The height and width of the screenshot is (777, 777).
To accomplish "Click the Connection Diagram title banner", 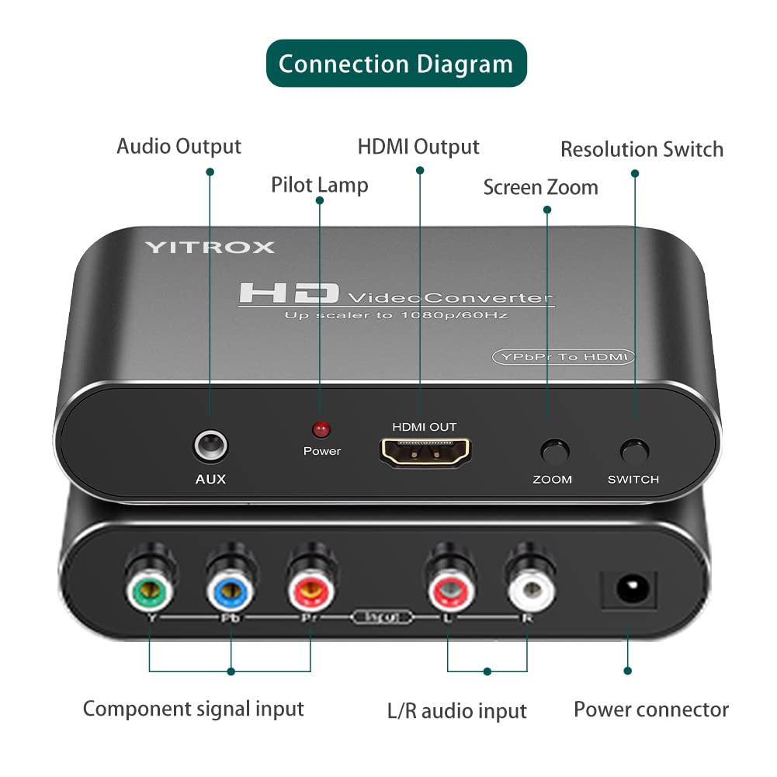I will coord(396,63).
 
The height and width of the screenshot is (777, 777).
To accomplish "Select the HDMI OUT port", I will coord(424,452).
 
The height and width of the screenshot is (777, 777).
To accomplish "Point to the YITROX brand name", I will coord(209,248).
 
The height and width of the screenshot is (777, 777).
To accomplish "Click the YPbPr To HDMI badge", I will coord(564,356).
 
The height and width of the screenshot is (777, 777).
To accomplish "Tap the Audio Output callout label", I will coord(179,146).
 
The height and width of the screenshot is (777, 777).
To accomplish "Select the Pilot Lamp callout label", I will coord(319,185).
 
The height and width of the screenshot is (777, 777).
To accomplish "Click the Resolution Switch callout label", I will coord(642,149).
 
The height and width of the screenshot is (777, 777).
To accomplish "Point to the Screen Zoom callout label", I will coord(540,187).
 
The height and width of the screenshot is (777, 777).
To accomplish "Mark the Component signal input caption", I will coord(193,709).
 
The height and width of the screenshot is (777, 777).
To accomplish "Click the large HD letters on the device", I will coord(289,293).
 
